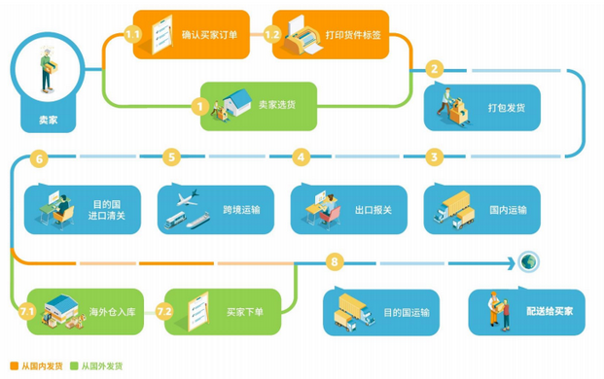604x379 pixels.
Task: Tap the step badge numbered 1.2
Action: click(273, 35)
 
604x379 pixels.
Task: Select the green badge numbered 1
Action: click(200, 106)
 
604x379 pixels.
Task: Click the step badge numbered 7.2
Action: click(165, 311)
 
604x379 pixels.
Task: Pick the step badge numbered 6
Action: click(39, 157)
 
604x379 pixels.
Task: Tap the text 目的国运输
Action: click(406, 312)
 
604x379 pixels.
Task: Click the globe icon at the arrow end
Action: click(528, 261)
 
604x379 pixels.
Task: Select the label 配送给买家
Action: click(550, 312)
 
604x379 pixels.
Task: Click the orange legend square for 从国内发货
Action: click(14, 365)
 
